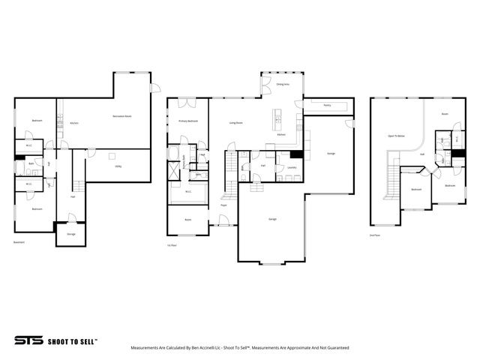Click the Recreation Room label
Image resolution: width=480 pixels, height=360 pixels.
pyautogui.click(x=122, y=116)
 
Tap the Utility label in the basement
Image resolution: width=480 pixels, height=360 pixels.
pyautogui.click(x=118, y=166)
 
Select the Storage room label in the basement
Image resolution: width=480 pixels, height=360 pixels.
pyautogui.click(x=71, y=234)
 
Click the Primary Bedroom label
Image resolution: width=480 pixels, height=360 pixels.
pyautogui.click(x=187, y=121)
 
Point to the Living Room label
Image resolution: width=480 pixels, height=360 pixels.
pyautogui.click(x=235, y=122)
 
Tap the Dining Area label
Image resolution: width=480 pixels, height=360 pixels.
pyautogui.click(x=283, y=85)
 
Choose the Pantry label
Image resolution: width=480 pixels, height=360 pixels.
pyautogui.click(x=326, y=106)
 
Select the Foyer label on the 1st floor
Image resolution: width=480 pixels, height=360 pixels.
pyautogui.click(x=223, y=204)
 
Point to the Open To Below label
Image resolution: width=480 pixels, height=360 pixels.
pyautogui.click(x=397, y=136)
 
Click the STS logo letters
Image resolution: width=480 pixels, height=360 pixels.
pyautogui.click(x=28, y=340)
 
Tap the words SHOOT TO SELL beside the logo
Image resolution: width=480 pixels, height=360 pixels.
pyautogui.click(x=72, y=340)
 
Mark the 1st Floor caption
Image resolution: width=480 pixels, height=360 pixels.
pyautogui.click(x=172, y=245)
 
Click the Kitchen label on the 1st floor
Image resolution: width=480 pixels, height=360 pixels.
pyautogui.click(x=281, y=135)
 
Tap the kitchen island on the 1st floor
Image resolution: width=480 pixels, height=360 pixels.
pyautogui.click(x=277, y=118)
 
